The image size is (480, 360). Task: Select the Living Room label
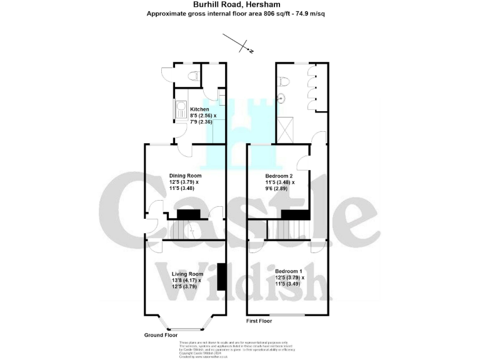click(187, 274)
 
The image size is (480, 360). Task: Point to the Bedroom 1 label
click(289, 270)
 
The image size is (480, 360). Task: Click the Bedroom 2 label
click(279, 176)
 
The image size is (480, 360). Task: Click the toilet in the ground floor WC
click(193, 76)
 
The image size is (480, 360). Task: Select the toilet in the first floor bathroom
click(284, 81)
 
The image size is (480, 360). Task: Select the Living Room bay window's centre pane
click(184, 329)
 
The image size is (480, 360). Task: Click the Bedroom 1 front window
click(287, 314)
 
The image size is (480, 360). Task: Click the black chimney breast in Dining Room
click(187, 214)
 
